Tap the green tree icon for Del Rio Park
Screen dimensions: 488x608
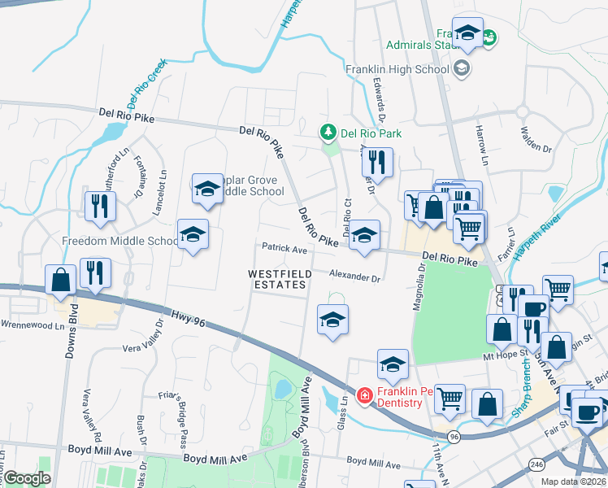point(328,132)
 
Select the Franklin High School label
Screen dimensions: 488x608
point(397,69)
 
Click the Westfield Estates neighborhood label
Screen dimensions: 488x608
point(280,279)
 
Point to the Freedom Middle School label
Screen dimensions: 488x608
point(120,241)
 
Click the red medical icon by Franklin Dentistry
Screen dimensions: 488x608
point(365,396)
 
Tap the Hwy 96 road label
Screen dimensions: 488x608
point(188,319)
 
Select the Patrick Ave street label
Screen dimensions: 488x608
point(284,247)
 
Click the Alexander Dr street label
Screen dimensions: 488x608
point(354,277)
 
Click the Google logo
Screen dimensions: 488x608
point(27,478)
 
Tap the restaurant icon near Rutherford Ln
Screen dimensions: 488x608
point(100,207)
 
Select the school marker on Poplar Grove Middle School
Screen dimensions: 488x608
point(207,190)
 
